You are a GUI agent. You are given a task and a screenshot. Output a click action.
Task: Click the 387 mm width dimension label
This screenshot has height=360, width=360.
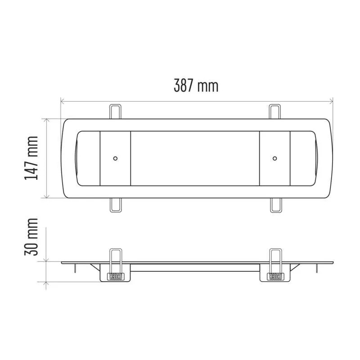coord(196,85)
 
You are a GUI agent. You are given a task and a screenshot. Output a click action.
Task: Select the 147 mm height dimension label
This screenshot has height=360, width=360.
coord(31,158)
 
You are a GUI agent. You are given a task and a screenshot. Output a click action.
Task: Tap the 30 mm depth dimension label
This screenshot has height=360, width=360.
coord(31,237)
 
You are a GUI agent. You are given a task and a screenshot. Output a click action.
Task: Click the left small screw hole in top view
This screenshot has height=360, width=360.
coord(115,158)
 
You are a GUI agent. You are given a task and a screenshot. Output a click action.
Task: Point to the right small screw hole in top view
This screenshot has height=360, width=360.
coord(274,158)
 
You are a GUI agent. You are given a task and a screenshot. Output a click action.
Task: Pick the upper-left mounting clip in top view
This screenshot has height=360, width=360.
coord(115,112)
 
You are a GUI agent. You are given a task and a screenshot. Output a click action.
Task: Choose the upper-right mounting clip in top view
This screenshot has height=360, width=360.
coord(275,112)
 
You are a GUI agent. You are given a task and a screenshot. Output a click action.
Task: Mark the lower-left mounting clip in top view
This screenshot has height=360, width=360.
coord(116,205)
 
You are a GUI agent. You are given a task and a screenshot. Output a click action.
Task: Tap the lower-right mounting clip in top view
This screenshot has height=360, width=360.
coord(275,205)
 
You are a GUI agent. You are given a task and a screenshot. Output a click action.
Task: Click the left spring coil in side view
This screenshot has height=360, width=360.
coord(116,276)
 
